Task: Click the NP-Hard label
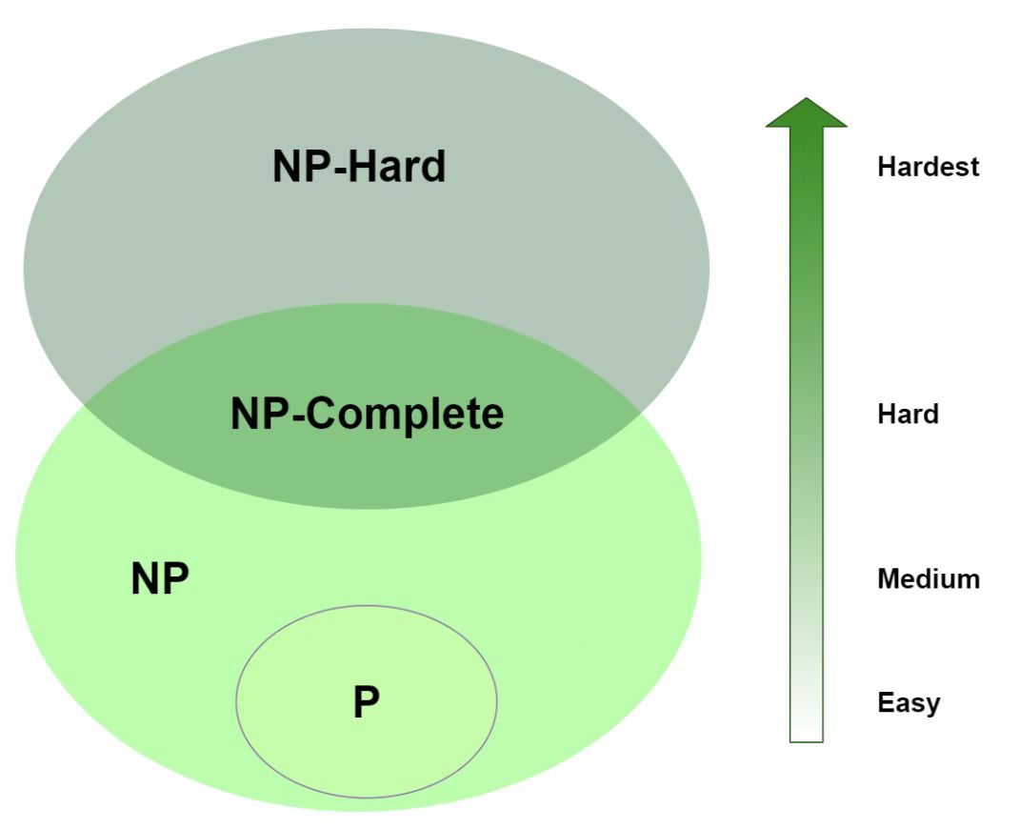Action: (x=359, y=167)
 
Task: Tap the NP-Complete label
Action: (x=367, y=414)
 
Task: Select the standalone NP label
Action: (x=160, y=578)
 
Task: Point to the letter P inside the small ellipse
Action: (x=367, y=703)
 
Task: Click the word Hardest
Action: (x=928, y=167)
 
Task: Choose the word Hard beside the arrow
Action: (x=908, y=414)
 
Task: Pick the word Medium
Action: (x=928, y=578)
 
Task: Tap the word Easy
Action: (x=909, y=703)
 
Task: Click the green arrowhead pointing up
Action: (x=806, y=113)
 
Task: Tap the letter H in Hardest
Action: (x=886, y=167)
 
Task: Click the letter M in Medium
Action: (x=888, y=578)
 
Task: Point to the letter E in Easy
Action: (x=884, y=703)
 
